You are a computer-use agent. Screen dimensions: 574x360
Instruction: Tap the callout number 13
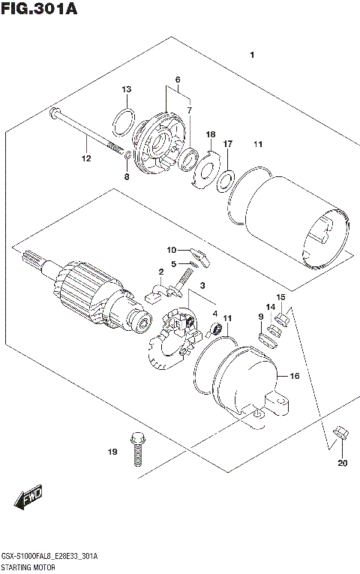[x=127, y=89]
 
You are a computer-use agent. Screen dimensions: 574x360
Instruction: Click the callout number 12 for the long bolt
[x=86, y=158]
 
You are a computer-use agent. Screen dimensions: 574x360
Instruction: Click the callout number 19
[x=112, y=452]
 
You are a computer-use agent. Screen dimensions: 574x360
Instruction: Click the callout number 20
[x=343, y=462]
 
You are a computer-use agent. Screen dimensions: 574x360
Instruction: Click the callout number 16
[x=294, y=376]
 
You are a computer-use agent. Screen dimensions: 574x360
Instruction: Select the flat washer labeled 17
[x=224, y=181]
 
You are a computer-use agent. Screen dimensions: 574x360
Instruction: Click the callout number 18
[x=211, y=133]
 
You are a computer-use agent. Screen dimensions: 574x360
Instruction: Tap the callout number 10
[x=171, y=249]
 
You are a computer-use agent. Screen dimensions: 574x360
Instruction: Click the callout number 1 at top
[x=253, y=55]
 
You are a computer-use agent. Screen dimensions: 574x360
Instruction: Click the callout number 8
[x=127, y=177]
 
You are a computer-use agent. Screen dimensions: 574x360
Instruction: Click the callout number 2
[x=160, y=272]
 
